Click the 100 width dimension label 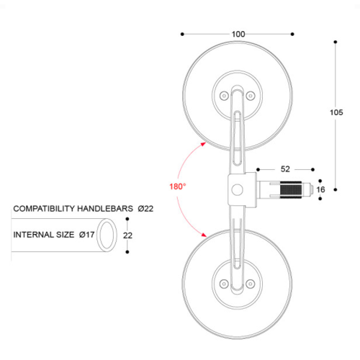pyautogui.click(x=238, y=34)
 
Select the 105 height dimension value pyautogui.click(x=336, y=112)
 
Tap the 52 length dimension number pyautogui.click(x=285, y=169)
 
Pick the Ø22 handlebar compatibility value pyautogui.click(x=145, y=209)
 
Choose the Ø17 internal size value pyautogui.click(x=87, y=235)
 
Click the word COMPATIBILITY pyautogui.click(x=47, y=209)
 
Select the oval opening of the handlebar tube pyautogui.click(x=108, y=235)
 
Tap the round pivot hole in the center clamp pyautogui.click(x=236, y=190)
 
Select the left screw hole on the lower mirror pyautogui.click(x=223, y=282)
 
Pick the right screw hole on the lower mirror pyautogui.click(x=251, y=282)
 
